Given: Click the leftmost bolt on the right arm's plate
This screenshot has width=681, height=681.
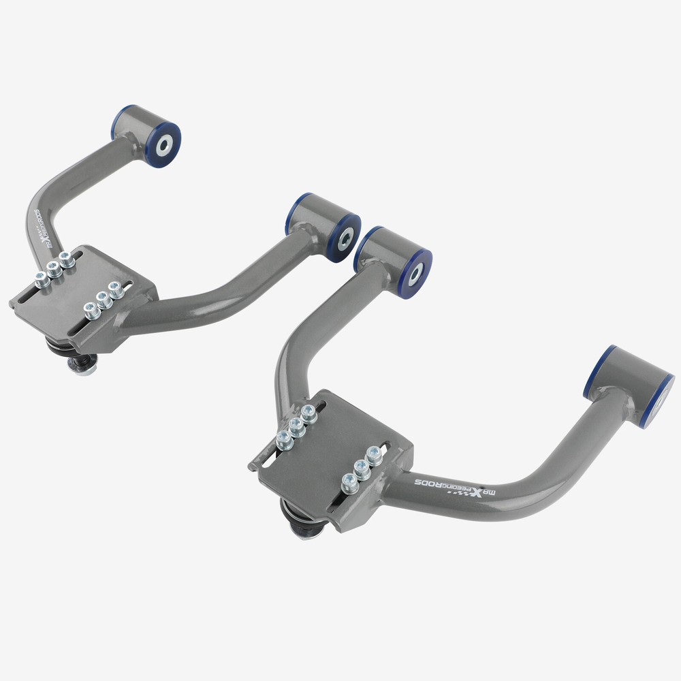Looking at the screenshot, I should (x=284, y=441).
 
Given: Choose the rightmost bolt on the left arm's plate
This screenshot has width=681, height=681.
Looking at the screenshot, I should (x=116, y=291).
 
